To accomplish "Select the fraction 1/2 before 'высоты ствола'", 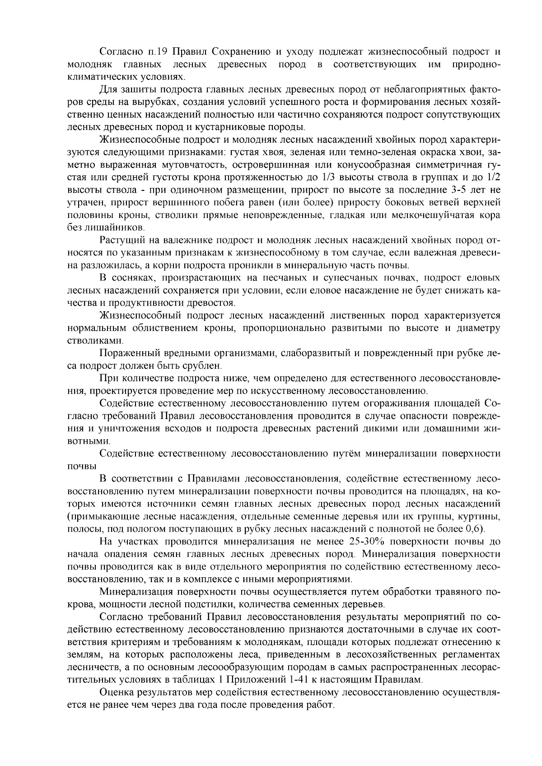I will coord(492,175).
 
